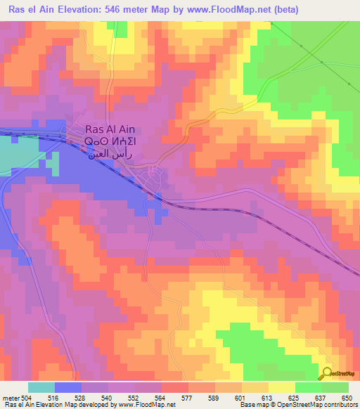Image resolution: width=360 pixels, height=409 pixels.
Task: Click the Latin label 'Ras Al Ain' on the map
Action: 110,129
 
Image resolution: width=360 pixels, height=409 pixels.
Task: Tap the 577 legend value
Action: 188,398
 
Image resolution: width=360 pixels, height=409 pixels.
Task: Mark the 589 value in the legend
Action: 215,398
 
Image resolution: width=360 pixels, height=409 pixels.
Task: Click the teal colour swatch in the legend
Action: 41,387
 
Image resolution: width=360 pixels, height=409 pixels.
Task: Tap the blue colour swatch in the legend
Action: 68,387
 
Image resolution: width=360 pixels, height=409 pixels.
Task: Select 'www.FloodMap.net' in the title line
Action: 219,9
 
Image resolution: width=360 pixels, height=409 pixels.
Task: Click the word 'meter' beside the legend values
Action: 9,398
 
